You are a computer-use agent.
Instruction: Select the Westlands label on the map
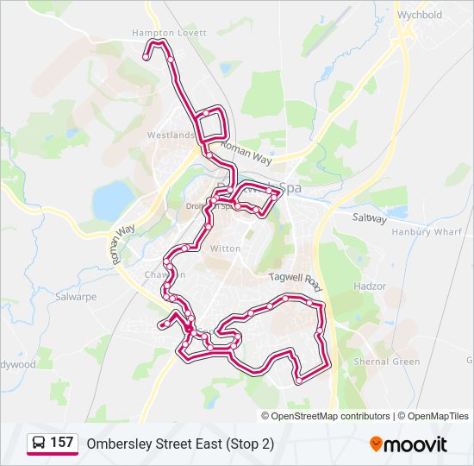click(171, 135)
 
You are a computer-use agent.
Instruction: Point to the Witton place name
click(226, 249)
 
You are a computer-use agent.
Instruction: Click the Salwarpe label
click(76, 296)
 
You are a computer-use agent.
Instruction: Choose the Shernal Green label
click(389, 362)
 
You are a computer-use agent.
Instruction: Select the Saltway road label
click(370, 218)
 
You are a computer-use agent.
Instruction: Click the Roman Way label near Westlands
click(246, 154)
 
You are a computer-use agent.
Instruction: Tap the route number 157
click(61, 443)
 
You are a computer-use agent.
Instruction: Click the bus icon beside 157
click(39, 443)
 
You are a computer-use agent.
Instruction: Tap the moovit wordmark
click(416, 444)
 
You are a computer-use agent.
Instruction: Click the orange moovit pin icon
click(376, 444)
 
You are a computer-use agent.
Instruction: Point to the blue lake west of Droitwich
click(112, 201)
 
